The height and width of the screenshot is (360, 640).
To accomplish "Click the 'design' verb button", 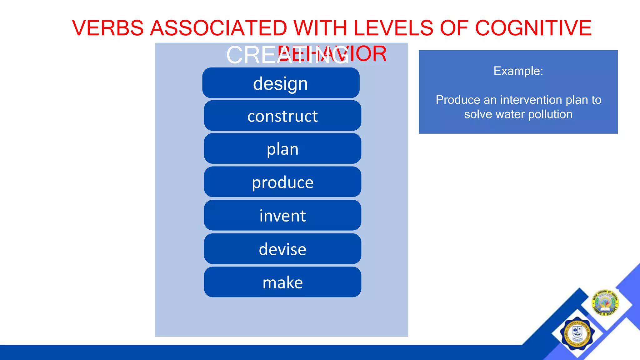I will pos(281,83).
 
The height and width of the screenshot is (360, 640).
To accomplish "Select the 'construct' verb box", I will pos(282,116).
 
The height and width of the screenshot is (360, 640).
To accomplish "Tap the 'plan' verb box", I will pos(282,149).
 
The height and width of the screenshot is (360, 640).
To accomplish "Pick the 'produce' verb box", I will pos(282,182).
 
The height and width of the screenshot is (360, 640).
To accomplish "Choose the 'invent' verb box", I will pos(282,216).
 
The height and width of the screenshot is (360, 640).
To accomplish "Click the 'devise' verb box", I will pos(282,249).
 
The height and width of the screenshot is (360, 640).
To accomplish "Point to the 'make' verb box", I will pos(282,282).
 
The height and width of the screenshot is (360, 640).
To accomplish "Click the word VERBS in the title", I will pos(108,28).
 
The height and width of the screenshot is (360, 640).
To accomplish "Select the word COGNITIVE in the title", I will pos(533,28).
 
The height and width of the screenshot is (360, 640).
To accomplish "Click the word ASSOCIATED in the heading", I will pos(218,28).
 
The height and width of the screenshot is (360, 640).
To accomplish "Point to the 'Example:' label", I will pos(518,71).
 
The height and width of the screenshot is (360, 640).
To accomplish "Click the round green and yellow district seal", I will pos(605,302).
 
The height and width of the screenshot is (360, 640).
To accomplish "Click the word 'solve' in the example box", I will pos(478,114).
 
